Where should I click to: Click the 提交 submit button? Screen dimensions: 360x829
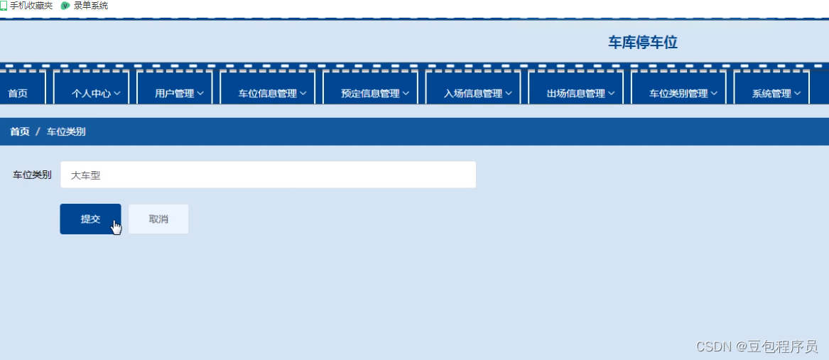(90, 219)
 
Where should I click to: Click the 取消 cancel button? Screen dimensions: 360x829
(158, 219)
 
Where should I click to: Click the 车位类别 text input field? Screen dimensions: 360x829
(268, 175)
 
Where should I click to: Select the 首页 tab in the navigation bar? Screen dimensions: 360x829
(18, 93)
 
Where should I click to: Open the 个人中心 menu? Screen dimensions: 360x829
(96, 93)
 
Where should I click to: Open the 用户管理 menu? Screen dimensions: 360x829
(179, 93)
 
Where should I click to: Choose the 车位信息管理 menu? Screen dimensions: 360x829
(272, 93)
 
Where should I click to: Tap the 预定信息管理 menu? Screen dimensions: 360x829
(374, 93)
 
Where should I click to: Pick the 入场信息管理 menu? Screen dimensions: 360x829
(477, 93)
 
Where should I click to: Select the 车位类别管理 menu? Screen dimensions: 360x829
(683, 93)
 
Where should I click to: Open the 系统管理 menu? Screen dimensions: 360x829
(776, 93)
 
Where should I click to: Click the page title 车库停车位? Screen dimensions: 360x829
(642, 43)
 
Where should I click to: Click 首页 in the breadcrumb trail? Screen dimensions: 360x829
(20, 131)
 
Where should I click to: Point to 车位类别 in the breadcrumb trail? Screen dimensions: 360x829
(66, 131)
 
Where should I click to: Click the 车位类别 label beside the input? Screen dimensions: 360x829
(32, 175)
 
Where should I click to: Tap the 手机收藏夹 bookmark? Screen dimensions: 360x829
(31, 6)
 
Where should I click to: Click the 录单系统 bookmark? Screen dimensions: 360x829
(90, 6)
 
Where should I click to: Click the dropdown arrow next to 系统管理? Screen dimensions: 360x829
(798, 93)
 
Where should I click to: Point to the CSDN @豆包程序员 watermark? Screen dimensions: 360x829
(757, 347)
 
